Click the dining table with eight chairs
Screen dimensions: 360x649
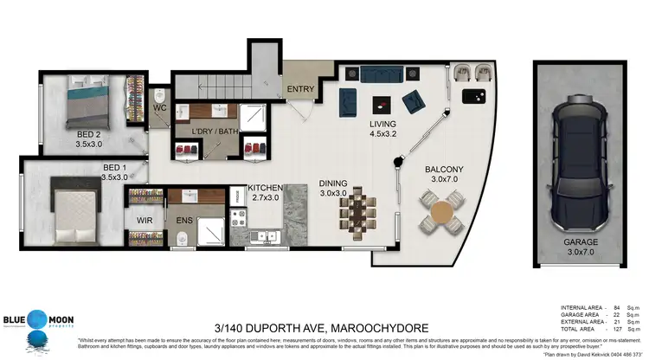357,210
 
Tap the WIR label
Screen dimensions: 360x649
145,221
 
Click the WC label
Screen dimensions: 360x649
160,108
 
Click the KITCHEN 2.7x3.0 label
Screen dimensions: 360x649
265,193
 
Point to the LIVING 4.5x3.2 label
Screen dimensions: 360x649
382,130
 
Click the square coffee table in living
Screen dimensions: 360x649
380,105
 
